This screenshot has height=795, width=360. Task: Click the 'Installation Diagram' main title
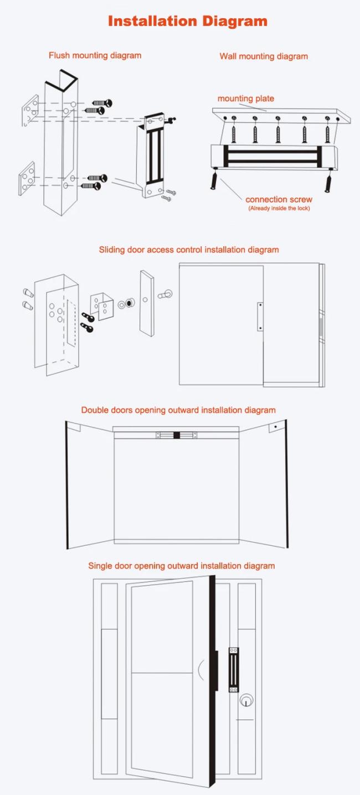coord(187,21)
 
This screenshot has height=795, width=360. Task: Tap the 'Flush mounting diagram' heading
coord(95,55)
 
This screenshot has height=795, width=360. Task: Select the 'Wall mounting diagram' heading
coord(264,56)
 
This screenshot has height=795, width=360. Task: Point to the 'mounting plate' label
coord(246,99)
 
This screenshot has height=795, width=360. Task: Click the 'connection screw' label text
coord(279,199)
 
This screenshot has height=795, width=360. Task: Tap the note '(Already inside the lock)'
coord(279,208)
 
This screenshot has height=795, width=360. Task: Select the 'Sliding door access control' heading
coord(189,250)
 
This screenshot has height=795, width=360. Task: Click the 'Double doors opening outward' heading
coord(178,410)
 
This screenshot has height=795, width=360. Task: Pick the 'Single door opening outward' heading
coord(182,566)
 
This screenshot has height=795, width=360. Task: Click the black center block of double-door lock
coord(177,435)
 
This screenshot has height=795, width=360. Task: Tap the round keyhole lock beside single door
coord(246,701)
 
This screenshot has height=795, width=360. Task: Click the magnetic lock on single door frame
coord(234,670)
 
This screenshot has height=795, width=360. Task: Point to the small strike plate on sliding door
coord(260,317)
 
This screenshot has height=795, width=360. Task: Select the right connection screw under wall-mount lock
coord(328,180)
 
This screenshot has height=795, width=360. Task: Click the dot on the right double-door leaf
coord(276,427)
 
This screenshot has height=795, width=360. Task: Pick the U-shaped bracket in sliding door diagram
coord(102,306)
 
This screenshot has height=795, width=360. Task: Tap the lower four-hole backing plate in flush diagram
coord(27,178)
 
